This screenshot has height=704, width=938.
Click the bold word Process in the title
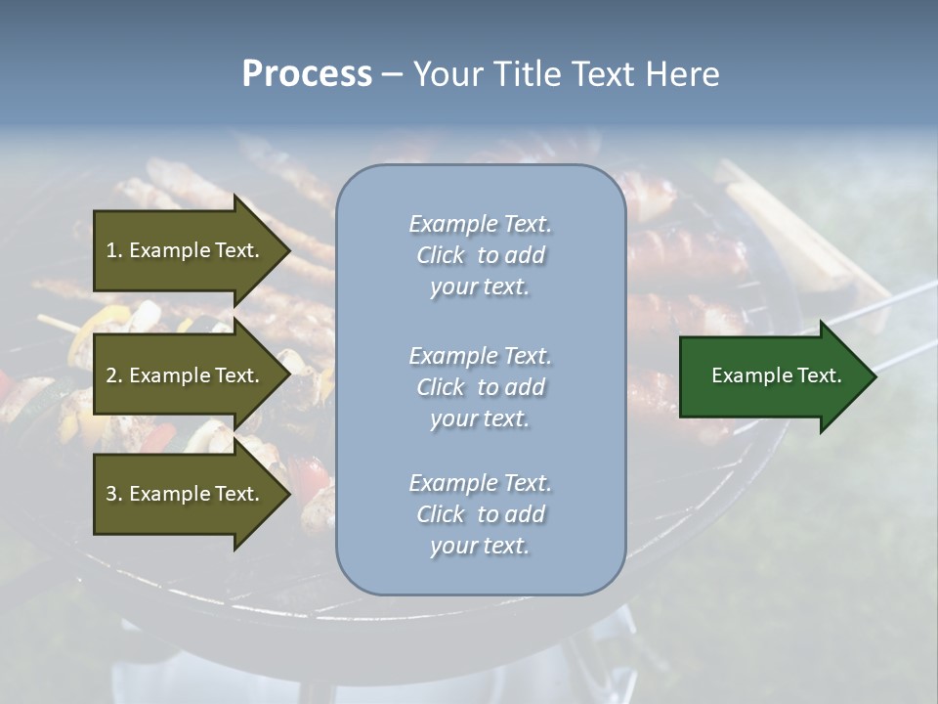pos(307,74)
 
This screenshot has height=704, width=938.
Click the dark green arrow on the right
pos(772,375)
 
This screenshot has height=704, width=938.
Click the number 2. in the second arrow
pos(114,375)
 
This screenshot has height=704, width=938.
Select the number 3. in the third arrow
pos(114,494)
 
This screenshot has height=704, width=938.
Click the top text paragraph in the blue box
pos(480,255)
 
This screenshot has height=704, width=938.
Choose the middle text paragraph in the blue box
pos(480,387)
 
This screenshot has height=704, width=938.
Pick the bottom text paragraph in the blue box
pos(480,514)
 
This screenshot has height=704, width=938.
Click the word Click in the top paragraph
pos(441,255)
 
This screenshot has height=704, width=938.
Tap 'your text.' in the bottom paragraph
pos(480,546)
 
